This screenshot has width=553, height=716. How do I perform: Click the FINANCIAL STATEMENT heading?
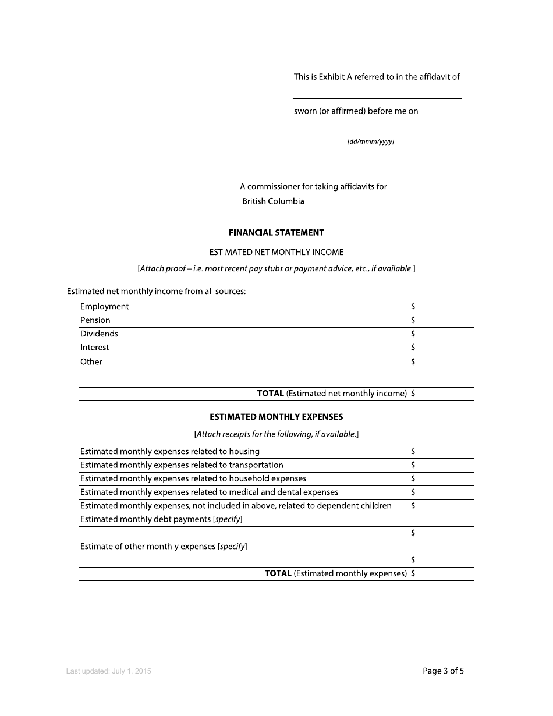[276, 232]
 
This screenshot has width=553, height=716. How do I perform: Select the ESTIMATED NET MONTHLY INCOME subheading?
[276, 252]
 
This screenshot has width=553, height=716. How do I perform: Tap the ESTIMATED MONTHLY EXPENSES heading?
[276, 417]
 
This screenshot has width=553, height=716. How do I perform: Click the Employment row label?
[105, 307]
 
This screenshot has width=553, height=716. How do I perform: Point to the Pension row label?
[95, 320]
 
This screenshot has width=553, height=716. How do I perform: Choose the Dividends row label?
[99, 334]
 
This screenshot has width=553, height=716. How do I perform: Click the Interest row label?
[95, 348]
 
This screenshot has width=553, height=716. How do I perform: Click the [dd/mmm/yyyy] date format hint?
[371, 141]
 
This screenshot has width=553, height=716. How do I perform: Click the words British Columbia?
[273, 201]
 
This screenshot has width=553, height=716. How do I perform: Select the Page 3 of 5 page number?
[443, 671]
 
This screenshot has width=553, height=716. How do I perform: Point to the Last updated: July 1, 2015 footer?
[109, 671]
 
